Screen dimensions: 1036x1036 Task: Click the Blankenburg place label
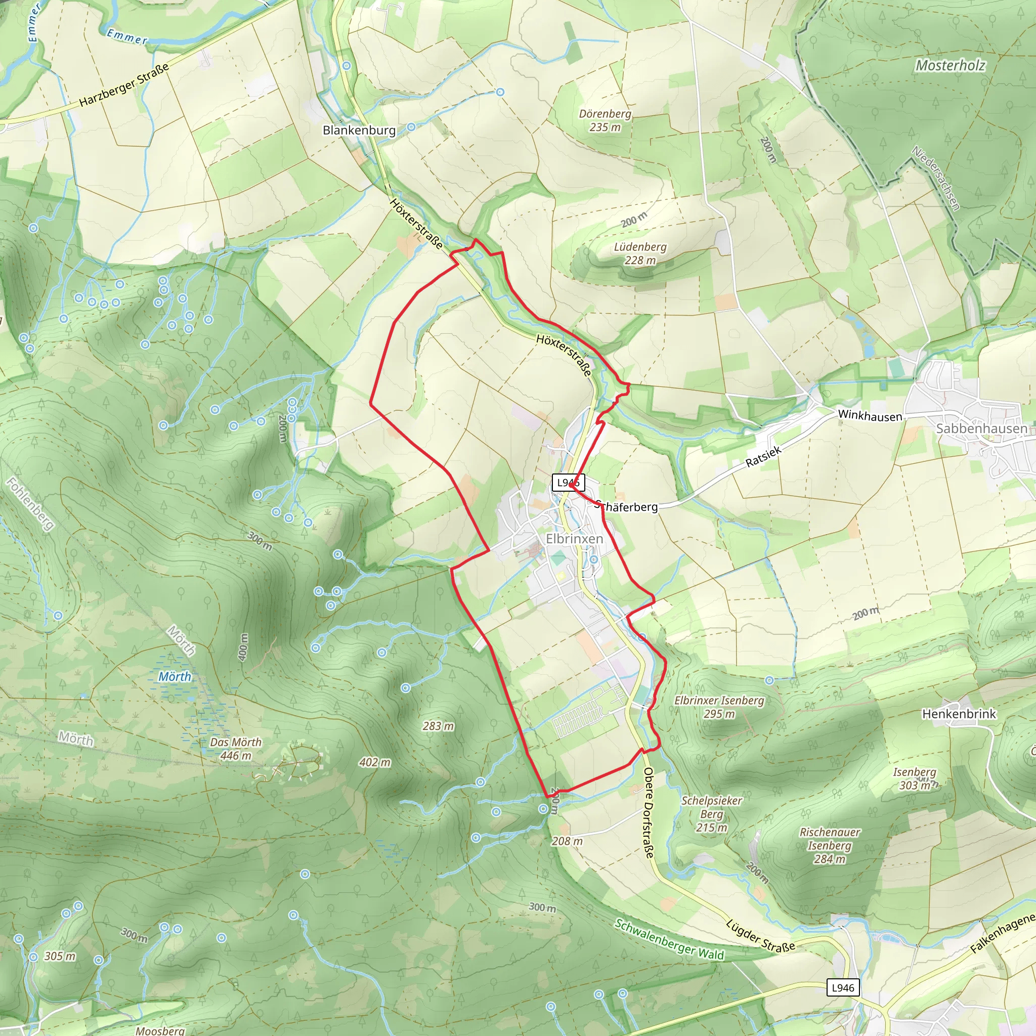[359, 131]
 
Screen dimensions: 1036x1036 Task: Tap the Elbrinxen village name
[574, 538]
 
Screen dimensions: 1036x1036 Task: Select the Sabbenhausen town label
[981, 428]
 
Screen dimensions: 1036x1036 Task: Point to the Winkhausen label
[870, 416]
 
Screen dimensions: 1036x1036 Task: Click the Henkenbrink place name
[959, 714]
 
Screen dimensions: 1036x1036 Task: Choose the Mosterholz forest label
[950, 65]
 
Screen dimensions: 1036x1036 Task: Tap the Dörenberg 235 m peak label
[605, 120]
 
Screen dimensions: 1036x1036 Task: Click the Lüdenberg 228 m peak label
[640, 253]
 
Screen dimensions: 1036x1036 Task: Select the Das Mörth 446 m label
[235, 749]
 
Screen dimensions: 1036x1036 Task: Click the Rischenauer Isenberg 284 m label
[829, 846]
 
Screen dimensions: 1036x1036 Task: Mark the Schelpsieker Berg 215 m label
[712, 814]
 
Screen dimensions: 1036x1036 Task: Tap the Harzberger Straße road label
[124, 84]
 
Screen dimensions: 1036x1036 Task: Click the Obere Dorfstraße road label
[649, 813]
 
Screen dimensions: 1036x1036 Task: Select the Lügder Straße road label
[760, 936]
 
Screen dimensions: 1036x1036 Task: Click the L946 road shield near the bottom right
[842, 988]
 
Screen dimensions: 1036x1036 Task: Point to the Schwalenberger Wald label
[669, 939]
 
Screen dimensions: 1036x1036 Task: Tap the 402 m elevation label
[375, 762]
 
